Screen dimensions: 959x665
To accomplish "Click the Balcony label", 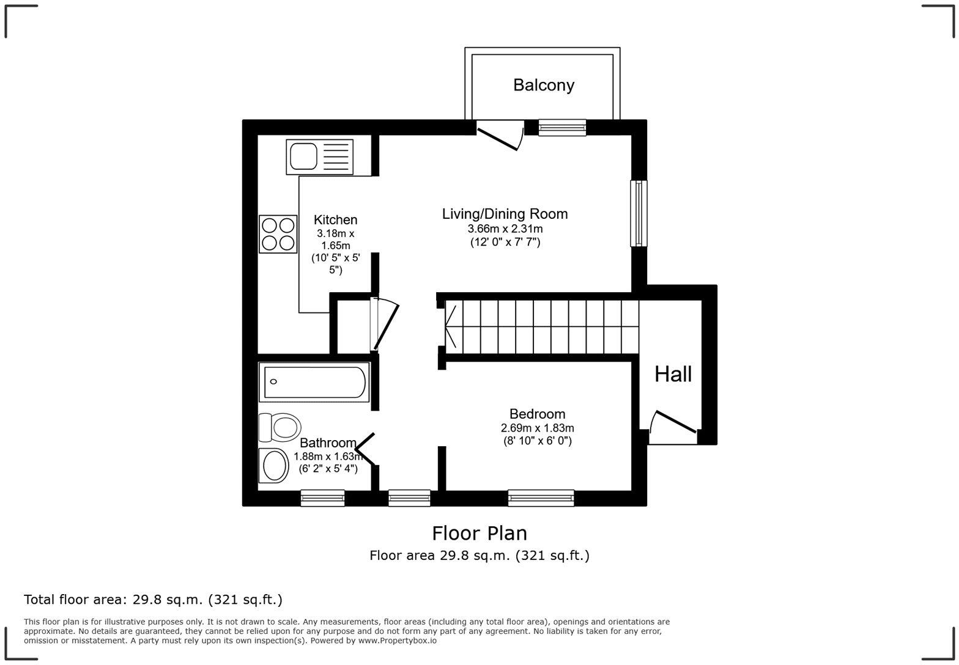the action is (x=543, y=85).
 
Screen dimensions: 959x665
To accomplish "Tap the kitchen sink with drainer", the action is (x=320, y=156).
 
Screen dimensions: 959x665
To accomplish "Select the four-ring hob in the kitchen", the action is (x=278, y=234).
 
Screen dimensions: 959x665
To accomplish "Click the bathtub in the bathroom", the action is (x=314, y=382).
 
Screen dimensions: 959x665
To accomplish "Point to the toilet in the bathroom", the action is (x=280, y=427).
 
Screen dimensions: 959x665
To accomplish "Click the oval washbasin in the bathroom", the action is (x=274, y=466).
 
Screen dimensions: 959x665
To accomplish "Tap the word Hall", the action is (x=673, y=374).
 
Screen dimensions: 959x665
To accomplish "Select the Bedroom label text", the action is (x=537, y=414).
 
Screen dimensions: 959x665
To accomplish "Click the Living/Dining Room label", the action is (x=505, y=213).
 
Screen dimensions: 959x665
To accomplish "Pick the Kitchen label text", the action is (x=335, y=219).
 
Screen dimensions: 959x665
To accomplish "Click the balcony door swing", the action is (x=500, y=136).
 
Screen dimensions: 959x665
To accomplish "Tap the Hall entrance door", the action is (x=673, y=427).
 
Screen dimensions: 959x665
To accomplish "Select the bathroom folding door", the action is (x=365, y=449).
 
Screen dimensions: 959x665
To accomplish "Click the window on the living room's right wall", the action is (x=639, y=213).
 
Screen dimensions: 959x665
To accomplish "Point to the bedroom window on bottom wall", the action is (x=541, y=498).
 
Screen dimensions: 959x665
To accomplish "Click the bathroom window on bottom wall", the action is (x=322, y=498).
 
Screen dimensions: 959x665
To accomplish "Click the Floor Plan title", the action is (x=480, y=533).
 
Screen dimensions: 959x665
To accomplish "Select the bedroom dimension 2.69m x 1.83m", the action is (x=537, y=428).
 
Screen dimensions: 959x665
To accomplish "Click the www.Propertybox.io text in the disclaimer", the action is (x=398, y=641).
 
